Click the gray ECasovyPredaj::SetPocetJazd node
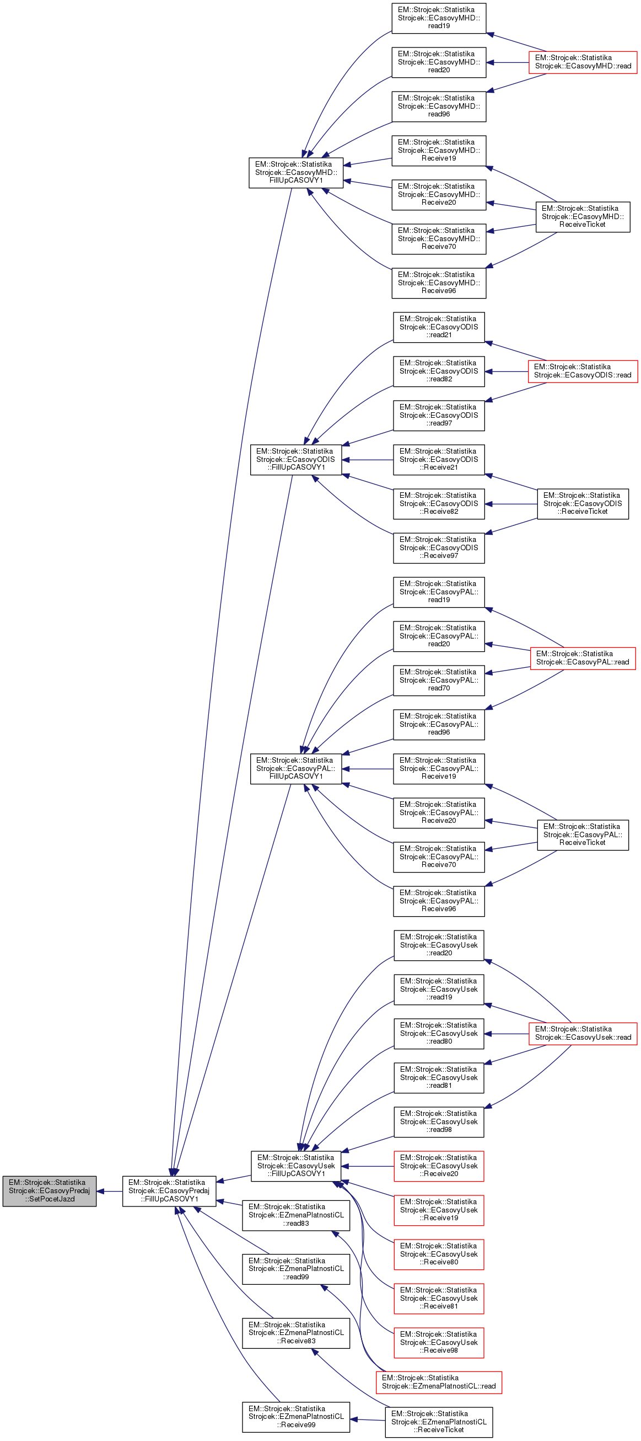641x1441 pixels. pos(49,1190)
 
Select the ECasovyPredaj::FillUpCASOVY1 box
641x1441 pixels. pos(169,1190)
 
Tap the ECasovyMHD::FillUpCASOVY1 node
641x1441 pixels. pos(295,172)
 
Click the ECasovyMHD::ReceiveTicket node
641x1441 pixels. pos(583,216)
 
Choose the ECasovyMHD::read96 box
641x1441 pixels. pos(439,107)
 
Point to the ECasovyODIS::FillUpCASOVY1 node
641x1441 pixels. pos(295,459)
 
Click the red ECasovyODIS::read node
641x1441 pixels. pos(583,371)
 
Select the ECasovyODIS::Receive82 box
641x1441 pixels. pos(439,503)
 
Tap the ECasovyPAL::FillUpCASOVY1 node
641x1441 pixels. pos(295,768)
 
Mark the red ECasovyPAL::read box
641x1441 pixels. pos(583,658)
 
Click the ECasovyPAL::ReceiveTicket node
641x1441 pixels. pos(583,834)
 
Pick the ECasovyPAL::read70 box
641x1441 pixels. pos(439,680)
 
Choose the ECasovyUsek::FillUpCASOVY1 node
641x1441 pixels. pos(295,1166)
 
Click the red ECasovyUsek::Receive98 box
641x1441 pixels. pos(439,1342)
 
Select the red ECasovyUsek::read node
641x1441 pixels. pos(583,1033)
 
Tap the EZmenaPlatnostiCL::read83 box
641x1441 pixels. pos(295,1215)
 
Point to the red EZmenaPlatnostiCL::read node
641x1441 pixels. pos(439,1382)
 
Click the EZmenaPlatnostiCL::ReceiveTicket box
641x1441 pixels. pos(439,1422)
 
